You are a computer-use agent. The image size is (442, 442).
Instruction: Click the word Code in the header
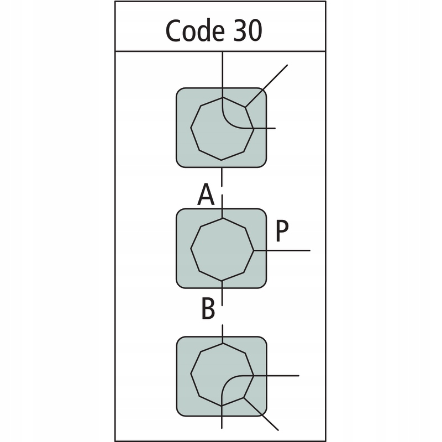pyautogui.click(x=191, y=31)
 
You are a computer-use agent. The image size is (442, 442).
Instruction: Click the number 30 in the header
pyautogui.click(x=245, y=31)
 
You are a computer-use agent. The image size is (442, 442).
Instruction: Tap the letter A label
pyautogui.click(x=206, y=195)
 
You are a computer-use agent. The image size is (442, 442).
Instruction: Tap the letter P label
pyautogui.click(x=281, y=233)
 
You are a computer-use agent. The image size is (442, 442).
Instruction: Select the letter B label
pyautogui.click(x=208, y=310)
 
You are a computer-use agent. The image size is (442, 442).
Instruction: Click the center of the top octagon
pyautogui.click(x=222, y=128)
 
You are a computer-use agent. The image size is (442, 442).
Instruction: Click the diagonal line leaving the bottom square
pyautogui.click(x=262, y=414)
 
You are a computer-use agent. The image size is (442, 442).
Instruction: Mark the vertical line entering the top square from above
pyautogui.click(x=222, y=69)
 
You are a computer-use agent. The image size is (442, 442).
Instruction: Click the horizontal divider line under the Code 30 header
pyautogui.click(x=219, y=51)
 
